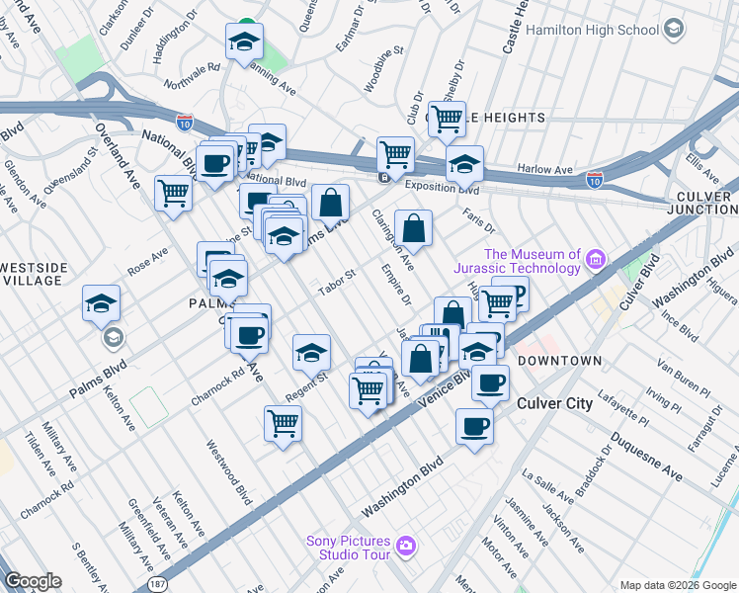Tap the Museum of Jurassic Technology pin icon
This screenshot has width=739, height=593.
click(595, 260)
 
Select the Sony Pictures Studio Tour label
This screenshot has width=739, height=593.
click(347, 545)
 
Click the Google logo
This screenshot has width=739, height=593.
click(33, 581)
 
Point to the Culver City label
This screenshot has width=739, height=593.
click(555, 403)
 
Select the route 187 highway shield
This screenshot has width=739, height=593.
click(157, 586)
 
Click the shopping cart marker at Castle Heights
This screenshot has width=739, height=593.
click(447, 118)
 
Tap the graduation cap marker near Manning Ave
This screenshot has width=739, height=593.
click(243, 42)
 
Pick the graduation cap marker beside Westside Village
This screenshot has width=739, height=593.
click(101, 303)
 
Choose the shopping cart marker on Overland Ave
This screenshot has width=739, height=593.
click(174, 191)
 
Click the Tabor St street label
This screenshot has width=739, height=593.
click(336, 283)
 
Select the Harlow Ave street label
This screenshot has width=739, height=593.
click(550, 170)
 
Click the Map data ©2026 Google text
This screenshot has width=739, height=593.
click(676, 585)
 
